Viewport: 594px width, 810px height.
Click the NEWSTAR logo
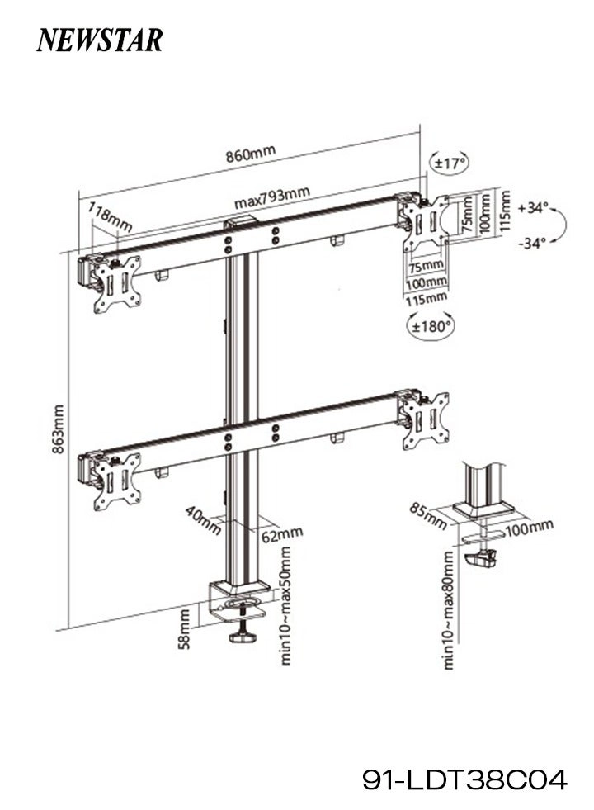coord(99,40)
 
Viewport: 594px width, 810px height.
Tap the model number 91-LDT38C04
coord(465,779)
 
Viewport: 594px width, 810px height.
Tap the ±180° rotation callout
coord(431,326)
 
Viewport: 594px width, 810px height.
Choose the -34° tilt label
coord(535,244)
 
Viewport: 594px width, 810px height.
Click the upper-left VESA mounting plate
coord(115,283)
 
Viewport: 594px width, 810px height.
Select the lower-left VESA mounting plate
coord(115,481)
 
